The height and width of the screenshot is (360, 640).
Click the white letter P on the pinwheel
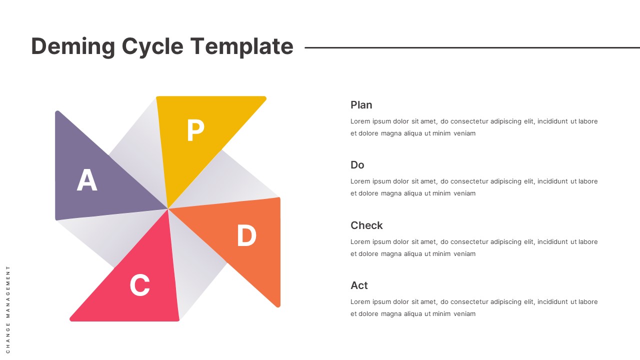click(195, 131)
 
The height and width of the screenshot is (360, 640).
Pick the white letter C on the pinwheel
click(139, 285)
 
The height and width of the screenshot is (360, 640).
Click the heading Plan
click(361, 105)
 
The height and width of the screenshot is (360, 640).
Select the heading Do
click(357, 165)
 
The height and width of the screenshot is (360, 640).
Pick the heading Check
click(366, 225)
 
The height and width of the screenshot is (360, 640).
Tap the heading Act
click(359, 285)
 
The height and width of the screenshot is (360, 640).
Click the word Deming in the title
click(73, 46)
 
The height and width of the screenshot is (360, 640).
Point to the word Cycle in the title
click(152, 46)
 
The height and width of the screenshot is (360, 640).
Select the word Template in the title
click(241, 46)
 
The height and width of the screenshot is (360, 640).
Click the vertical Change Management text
click(8, 309)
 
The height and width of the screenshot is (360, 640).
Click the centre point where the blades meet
click(168, 208)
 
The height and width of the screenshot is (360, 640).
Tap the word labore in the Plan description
click(588, 121)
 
